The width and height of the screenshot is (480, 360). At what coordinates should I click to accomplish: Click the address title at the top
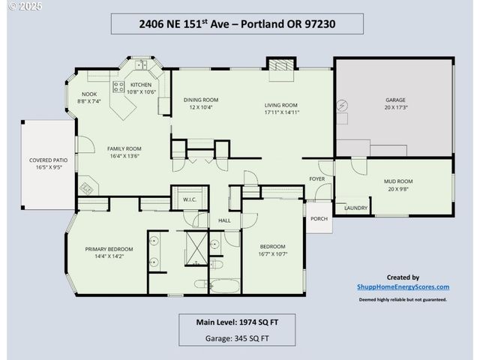click(237, 23)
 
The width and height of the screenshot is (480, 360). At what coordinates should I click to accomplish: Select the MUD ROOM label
click(399, 181)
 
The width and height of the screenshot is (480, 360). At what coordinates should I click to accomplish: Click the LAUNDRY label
click(355, 208)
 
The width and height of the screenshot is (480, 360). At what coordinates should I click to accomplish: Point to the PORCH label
click(319, 219)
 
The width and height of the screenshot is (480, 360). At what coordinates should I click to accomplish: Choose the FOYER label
click(317, 178)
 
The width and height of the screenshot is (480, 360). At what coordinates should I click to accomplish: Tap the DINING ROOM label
click(201, 100)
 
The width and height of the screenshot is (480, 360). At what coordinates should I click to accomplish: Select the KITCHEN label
click(141, 85)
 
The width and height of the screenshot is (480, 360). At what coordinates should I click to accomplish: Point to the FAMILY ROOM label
click(124, 148)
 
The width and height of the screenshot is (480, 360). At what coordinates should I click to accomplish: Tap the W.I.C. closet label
click(189, 199)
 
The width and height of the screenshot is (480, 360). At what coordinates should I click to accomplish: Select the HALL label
click(224, 220)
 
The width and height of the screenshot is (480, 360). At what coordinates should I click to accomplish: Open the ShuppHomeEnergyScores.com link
click(403, 286)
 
